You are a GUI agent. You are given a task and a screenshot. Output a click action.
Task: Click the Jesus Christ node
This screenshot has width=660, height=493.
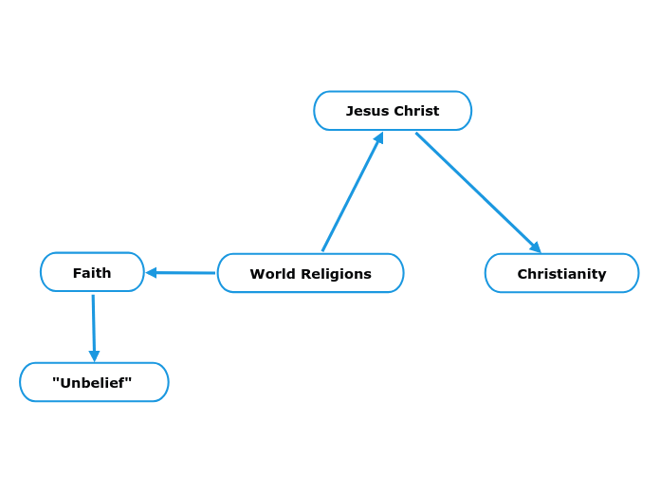(393, 111)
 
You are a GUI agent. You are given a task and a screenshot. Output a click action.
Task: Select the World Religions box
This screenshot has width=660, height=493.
(310, 273)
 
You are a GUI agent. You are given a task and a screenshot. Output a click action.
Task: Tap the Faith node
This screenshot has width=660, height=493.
(92, 272)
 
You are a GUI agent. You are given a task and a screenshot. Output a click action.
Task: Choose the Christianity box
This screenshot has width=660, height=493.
(561, 273)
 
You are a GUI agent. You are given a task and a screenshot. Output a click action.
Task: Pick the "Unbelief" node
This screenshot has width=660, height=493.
(94, 382)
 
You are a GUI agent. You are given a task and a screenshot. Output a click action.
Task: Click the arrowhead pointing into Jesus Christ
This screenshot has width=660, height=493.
(378, 138)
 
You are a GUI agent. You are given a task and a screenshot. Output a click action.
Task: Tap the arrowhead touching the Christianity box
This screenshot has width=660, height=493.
(536, 247)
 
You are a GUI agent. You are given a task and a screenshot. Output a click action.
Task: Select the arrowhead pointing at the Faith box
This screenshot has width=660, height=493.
(151, 273)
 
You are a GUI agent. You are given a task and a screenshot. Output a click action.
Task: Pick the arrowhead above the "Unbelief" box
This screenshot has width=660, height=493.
(94, 356)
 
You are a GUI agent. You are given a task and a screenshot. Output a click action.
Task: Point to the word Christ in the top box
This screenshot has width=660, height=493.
(416, 111)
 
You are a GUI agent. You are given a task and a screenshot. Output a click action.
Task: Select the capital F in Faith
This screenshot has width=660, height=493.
(77, 273)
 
